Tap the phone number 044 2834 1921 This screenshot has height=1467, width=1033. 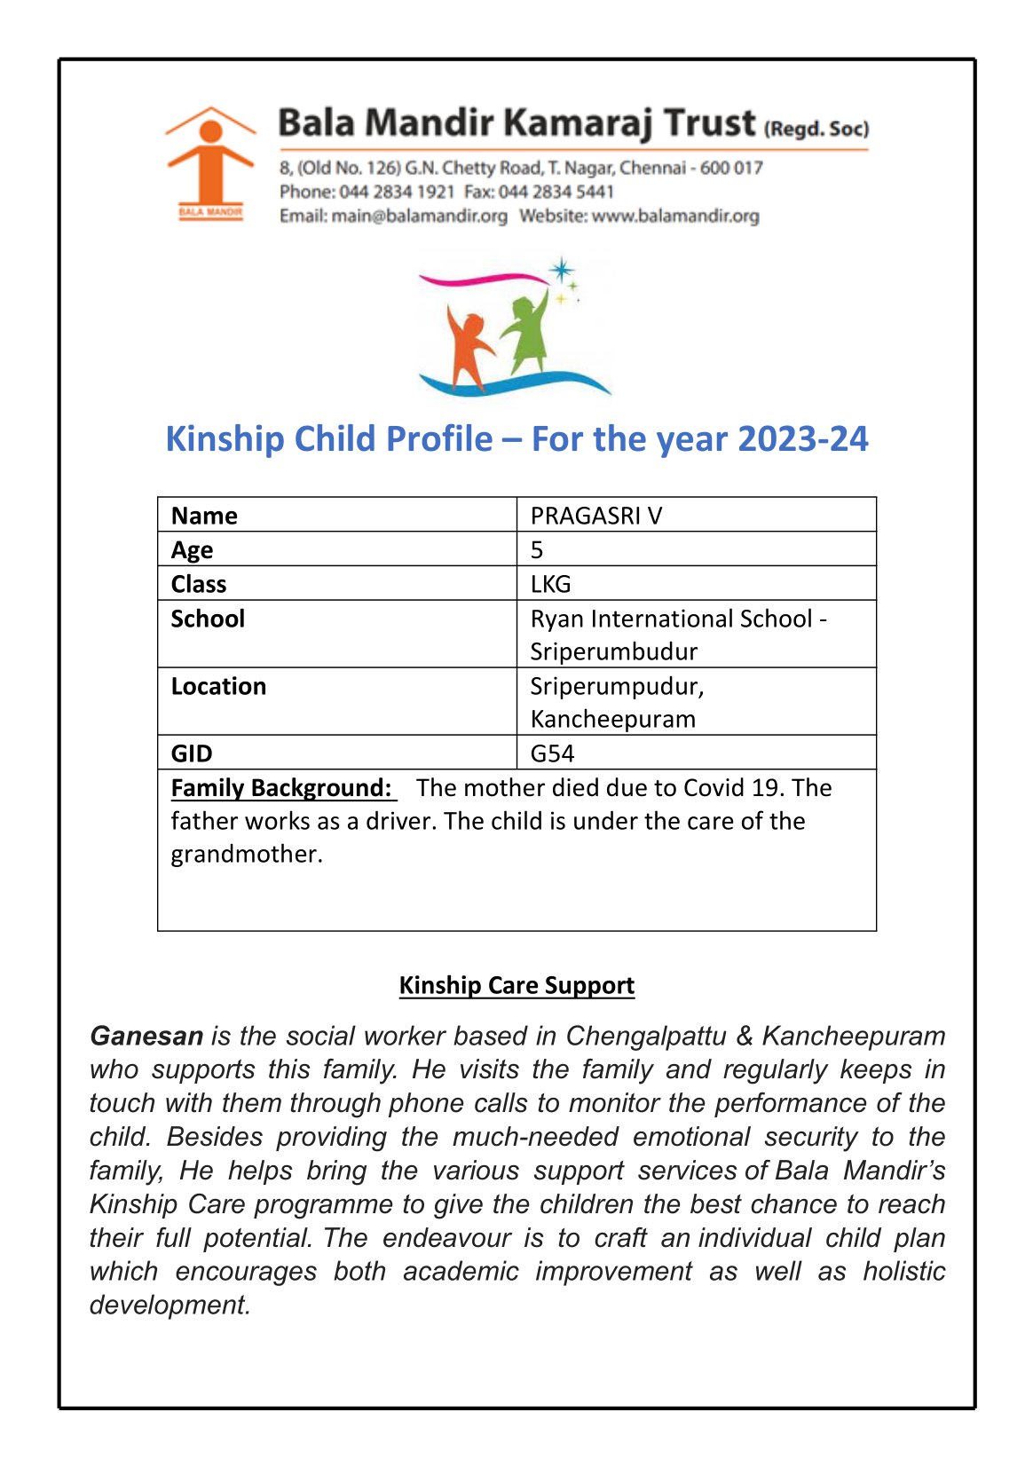pos(397,192)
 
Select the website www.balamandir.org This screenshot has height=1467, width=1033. pos(675,216)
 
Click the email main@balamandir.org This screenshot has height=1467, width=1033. pos(419,216)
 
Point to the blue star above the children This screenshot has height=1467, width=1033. pos(561,270)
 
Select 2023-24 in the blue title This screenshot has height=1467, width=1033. pos(802,439)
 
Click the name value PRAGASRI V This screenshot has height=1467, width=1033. pos(595,516)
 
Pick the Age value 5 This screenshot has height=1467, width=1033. pos(537,549)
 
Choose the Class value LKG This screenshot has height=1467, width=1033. pos(550,584)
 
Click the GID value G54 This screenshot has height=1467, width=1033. pos(552,753)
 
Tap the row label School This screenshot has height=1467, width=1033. pos(208,619)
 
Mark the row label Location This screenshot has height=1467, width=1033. pos(218,686)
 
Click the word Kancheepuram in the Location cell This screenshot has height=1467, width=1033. pos(612,719)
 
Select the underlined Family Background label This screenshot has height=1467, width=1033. pos(281,788)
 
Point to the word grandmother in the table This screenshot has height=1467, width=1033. pos(245,854)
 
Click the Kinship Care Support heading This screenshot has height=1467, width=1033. pos(516,985)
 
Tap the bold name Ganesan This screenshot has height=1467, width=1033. pos(146,1036)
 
